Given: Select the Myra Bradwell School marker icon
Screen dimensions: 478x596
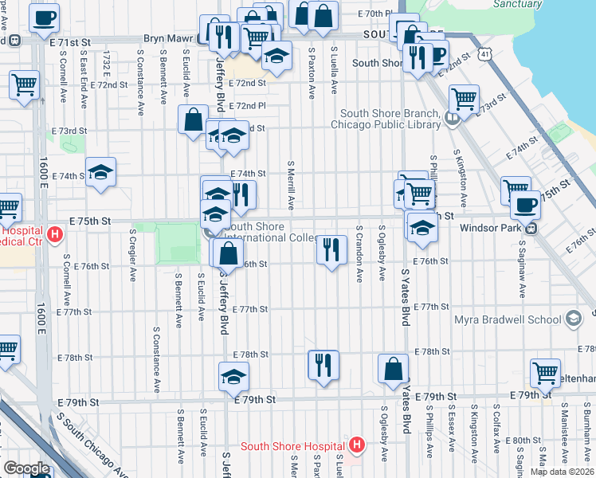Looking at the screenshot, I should point(572,319).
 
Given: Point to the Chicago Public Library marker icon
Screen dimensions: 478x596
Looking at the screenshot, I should point(453,119).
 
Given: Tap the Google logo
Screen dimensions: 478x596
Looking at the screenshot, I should point(26,468).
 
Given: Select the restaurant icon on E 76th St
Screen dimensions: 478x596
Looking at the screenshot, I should point(331,249).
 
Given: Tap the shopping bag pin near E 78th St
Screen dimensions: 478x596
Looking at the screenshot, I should point(393,368).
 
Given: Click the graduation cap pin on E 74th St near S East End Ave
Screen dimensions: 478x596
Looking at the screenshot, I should point(100,171).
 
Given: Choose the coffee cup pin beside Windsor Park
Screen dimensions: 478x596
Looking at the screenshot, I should point(525,205).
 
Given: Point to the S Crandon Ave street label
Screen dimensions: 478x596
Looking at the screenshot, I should point(359,253).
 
